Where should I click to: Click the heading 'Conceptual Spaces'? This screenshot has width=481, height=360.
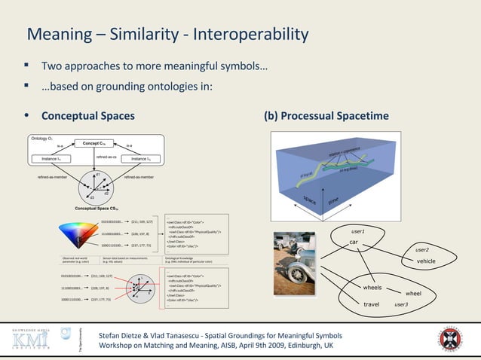pos(87,116)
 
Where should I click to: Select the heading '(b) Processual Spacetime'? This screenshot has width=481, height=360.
pos(326,116)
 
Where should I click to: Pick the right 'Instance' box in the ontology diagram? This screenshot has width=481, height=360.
pos(141,159)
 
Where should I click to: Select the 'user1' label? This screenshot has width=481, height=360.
pos(359,231)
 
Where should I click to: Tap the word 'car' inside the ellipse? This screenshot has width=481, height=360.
pos(353,242)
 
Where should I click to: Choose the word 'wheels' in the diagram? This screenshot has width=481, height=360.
pos(372,288)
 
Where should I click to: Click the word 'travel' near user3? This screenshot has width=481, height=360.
pos(371,304)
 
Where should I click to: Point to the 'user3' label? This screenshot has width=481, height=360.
pos(401,304)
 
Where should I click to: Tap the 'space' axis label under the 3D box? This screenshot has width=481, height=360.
pos(310,199)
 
